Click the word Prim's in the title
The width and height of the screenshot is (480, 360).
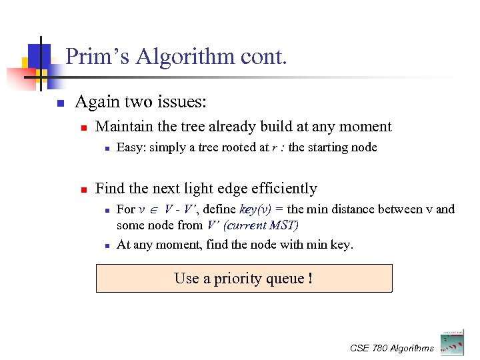click(x=98, y=57)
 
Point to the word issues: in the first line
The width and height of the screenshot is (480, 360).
click(x=182, y=102)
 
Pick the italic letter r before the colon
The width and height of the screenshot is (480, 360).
click(x=275, y=148)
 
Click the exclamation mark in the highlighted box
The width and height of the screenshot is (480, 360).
click(x=311, y=278)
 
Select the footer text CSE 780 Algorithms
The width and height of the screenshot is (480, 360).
click(x=391, y=348)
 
